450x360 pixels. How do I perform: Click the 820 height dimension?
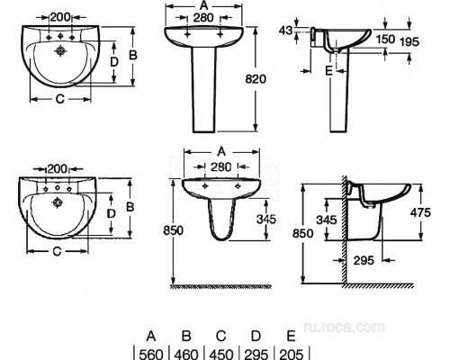click(256, 79)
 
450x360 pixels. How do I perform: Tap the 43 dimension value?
click(285, 31)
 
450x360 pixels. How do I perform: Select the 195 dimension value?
click(409, 41)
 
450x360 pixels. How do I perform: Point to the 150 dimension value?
click(385, 39)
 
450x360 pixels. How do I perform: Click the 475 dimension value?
click(420, 212)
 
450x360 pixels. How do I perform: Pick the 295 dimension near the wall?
click(364, 260)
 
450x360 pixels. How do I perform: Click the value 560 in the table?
click(151, 355)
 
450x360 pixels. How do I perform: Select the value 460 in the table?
click(186, 355)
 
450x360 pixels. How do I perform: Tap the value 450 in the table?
click(221, 355)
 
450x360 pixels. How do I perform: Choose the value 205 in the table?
click(292, 355)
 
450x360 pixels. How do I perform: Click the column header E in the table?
click(291, 337)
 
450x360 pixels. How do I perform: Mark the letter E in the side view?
click(329, 71)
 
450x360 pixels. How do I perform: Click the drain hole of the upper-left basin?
click(60, 51)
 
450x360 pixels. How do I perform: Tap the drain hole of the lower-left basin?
click(57, 202)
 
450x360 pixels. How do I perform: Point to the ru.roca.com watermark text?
click(344, 327)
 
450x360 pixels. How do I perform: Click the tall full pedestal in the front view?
click(204, 89)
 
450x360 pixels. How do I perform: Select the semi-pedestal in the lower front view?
click(221, 220)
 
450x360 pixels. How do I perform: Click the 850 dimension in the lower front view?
click(173, 230)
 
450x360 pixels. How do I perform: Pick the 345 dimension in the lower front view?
click(266, 219)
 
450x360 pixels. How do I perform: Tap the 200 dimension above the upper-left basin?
click(60, 17)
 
